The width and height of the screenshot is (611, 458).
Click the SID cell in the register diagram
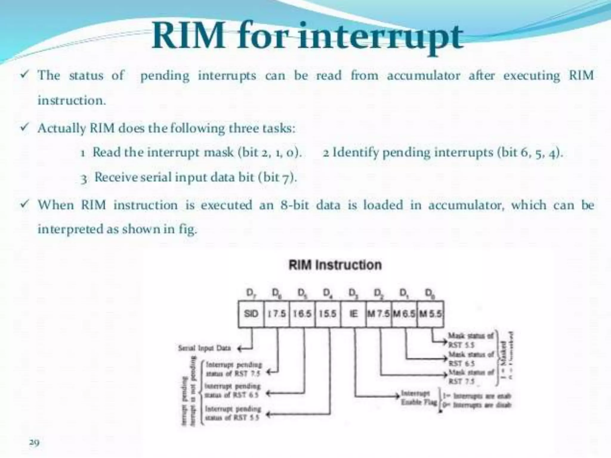pyautogui.click(x=251, y=314)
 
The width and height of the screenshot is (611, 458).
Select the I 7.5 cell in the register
pyautogui.click(x=277, y=314)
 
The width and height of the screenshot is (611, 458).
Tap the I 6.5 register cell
pyautogui.click(x=302, y=314)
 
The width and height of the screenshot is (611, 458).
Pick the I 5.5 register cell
pyautogui.click(x=328, y=314)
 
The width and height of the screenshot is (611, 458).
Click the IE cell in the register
pyautogui.click(x=353, y=314)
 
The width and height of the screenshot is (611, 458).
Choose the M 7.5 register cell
pyautogui.click(x=379, y=314)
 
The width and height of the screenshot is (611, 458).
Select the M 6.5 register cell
pyautogui.click(x=404, y=314)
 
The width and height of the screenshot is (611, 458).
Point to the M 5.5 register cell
pyautogui.click(x=430, y=314)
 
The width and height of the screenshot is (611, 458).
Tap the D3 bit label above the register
pyautogui.click(x=353, y=293)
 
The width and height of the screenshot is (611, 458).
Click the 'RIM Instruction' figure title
pyautogui.click(x=335, y=265)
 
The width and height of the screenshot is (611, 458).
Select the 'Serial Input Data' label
pyautogui.click(x=204, y=348)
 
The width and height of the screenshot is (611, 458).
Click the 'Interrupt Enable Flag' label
pyautogui.click(x=419, y=397)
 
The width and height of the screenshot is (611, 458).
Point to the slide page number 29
pyautogui.click(x=34, y=442)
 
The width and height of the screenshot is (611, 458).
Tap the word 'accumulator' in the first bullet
pyautogui.click(x=424, y=75)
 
